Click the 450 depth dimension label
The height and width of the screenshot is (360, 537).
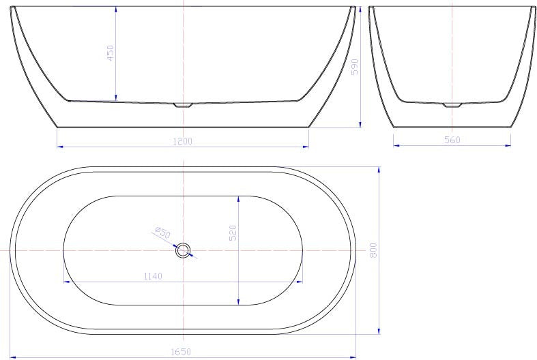[x=111, y=53]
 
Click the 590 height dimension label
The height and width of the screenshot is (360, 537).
[x=354, y=67]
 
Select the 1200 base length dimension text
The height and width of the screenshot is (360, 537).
[x=184, y=141]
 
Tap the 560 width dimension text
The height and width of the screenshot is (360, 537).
[x=452, y=140]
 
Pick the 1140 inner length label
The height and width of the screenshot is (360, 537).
[x=153, y=276]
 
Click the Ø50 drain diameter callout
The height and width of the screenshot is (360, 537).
[x=162, y=232]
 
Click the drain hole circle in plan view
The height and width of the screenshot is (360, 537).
[x=183, y=251]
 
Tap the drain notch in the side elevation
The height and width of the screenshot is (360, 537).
[x=184, y=105]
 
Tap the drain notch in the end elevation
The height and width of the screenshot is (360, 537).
[x=452, y=105]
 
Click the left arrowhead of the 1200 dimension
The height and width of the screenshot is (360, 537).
[x=59, y=146]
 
